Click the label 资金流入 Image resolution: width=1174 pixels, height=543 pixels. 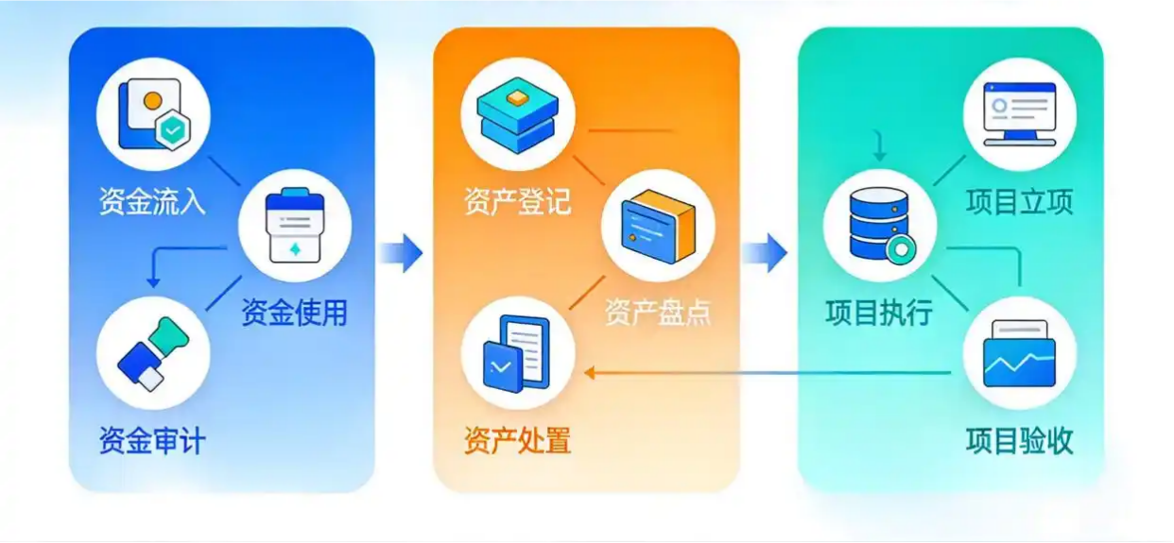click(152, 201)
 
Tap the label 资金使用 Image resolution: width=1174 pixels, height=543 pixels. click(294, 312)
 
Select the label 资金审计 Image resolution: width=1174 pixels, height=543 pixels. click(152, 440)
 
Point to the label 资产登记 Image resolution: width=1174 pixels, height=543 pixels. click(517, 201)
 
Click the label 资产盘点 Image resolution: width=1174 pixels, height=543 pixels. click(658, 312)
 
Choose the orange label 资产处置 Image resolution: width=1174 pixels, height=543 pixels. click(517, 440)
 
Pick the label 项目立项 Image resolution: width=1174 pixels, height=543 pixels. click(1020, 201)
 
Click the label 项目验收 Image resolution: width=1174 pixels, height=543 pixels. click(1020, 440)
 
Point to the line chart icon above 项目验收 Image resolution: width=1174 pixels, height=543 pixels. click(1020, 353)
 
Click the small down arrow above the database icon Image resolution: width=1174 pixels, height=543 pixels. click(879, 147)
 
